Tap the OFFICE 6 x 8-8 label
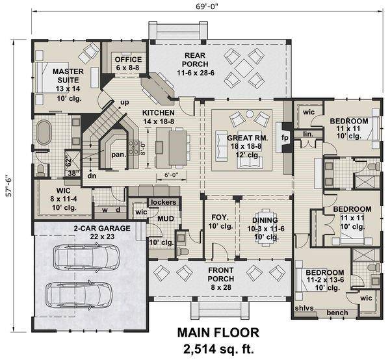127,62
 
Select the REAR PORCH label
195,59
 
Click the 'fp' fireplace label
284,138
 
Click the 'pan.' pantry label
118,155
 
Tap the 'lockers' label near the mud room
162,202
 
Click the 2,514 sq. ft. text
218,348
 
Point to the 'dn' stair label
92,175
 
